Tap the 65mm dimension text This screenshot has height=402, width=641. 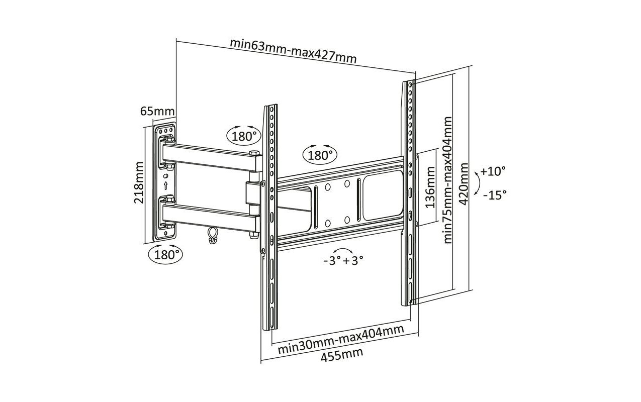click(x=157, y=111)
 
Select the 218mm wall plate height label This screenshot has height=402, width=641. click(x=139, y=183)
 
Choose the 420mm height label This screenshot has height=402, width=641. click(x=464, y=184)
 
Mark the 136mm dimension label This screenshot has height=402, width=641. click(x=430, y=187)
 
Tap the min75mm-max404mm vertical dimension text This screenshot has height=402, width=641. click(x=447, y=180)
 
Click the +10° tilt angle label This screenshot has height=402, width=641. click(x=493, y=172)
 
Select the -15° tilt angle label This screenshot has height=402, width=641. click(x=495, y=195)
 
